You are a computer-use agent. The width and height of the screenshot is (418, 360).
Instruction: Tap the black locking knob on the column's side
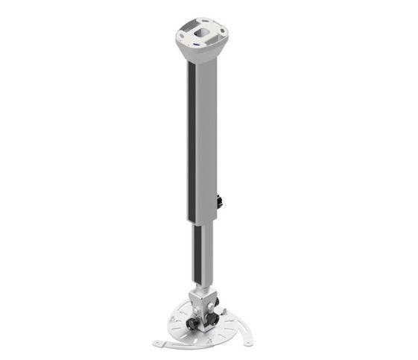[x=220, y=202]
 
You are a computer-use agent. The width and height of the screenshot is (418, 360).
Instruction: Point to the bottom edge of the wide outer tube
[x=203, y=221]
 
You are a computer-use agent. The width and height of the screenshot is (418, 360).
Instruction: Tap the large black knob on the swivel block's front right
[x=212, y=318]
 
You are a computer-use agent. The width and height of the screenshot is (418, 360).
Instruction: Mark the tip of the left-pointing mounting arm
[x=156, y=344]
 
